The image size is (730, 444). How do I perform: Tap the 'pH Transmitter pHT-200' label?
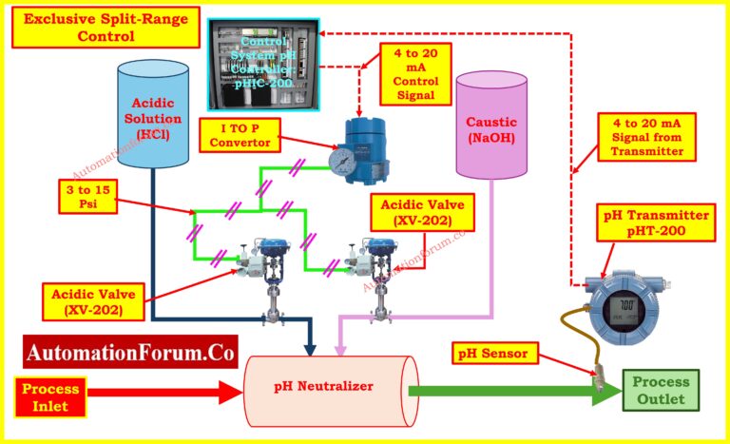(x=656, y=222)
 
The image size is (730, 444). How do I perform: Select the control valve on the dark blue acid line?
(x=272, y=271)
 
